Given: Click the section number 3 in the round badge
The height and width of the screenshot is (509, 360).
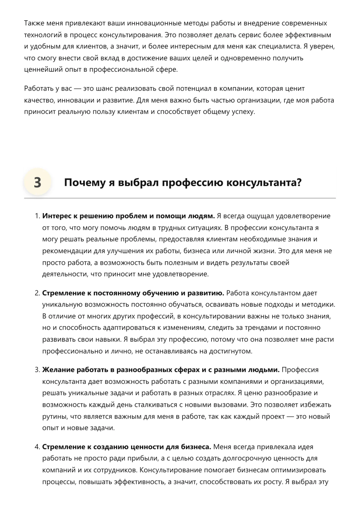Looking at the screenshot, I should [x=37, y=183].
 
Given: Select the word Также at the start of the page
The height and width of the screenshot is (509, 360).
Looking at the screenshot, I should [x=32, y=23].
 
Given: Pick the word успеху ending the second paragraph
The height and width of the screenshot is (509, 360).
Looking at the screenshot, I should [x=243, y=112].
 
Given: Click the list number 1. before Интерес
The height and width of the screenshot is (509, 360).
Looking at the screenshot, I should [x=37, y=216].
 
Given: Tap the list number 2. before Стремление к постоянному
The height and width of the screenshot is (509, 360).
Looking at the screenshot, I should [x=37, y=293].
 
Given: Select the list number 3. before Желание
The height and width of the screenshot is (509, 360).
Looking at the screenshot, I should [x=37, y=370].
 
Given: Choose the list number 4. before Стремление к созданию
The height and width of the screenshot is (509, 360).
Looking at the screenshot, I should [x=37, y=447].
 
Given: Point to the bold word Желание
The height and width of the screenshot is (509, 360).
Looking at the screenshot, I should [x=58, y=370].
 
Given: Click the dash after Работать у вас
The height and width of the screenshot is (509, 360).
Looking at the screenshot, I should [x=78, y=89].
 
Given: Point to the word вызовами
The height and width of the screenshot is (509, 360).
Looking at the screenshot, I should [x=231, y=405].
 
